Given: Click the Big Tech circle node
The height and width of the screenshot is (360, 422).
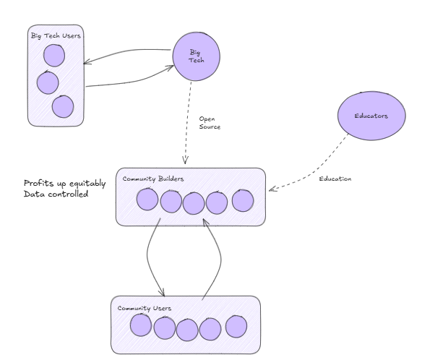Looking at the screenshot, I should click(x=196, y=56).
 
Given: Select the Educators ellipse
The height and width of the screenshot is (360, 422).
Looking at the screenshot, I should click(x=371, y=116).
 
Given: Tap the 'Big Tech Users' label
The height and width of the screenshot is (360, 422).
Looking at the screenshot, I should click(x=56, y=35).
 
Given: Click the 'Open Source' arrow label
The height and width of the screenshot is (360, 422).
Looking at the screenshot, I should click(x=210, y=122).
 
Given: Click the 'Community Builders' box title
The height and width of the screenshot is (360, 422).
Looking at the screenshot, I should click(x=152, y=179).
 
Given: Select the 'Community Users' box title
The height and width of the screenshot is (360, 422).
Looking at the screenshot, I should click(x=145, y=308).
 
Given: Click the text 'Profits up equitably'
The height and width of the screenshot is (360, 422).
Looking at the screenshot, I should click(x=65, y=183).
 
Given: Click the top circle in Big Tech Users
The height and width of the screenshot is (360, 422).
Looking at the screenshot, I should click(x=54, y=55).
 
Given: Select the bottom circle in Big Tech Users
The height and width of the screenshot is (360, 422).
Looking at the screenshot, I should click(x=63, y=106).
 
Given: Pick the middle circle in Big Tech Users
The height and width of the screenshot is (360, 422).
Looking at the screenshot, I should click(x=47, y=82).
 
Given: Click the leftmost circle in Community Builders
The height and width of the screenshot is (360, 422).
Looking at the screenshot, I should click(x=148, y=199).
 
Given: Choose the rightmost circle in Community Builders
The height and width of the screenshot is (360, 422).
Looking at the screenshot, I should click(x=242, y=200).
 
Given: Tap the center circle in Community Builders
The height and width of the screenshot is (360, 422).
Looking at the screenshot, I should click(x=194, y=203).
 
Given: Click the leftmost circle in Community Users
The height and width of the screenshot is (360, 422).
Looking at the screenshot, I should click(x=142, y=326).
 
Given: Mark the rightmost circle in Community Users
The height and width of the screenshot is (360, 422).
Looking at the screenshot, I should click(x=236, y=326).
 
